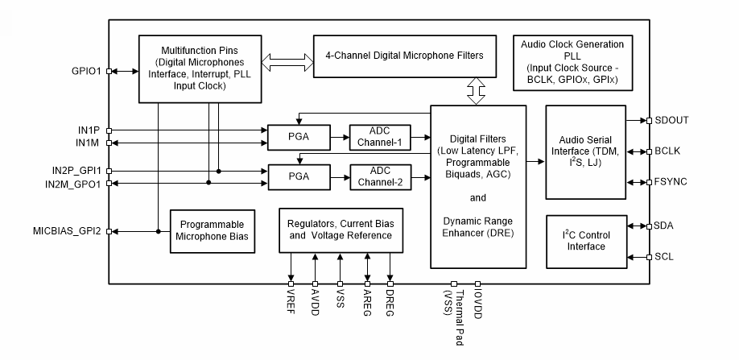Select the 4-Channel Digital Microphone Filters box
pos(404,56)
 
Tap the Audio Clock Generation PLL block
pos(573,62)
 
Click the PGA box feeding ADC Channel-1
pos(299,138)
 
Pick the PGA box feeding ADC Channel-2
pos(299,176)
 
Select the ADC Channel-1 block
pos(379,138)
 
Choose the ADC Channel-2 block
pos(379,176)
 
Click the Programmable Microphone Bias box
pos(212,231)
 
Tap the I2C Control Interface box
pos(586,241)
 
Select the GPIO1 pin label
pos(86,71)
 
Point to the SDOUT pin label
pos(671,121)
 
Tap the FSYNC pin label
pos(671,182)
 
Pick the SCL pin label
pos(664,258)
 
